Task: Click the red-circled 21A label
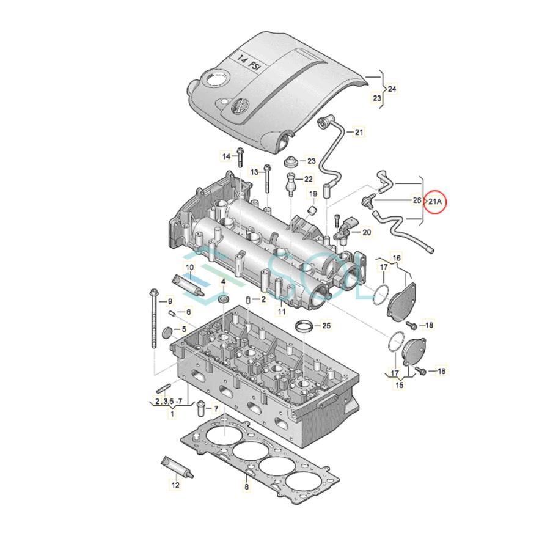[x=435, y=200]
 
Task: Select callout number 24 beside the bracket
[x=392, y=89]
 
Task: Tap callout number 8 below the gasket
[x=246, y=487]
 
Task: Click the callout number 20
[x=366, y=232]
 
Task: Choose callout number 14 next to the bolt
[x=226, y=156]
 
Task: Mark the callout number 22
[x=308, y=179]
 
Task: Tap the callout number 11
[x=281, y=312]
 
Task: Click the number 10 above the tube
[x=189, y=267]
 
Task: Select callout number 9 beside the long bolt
[x=170, y=301]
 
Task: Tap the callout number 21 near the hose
[x=359, y=131]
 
